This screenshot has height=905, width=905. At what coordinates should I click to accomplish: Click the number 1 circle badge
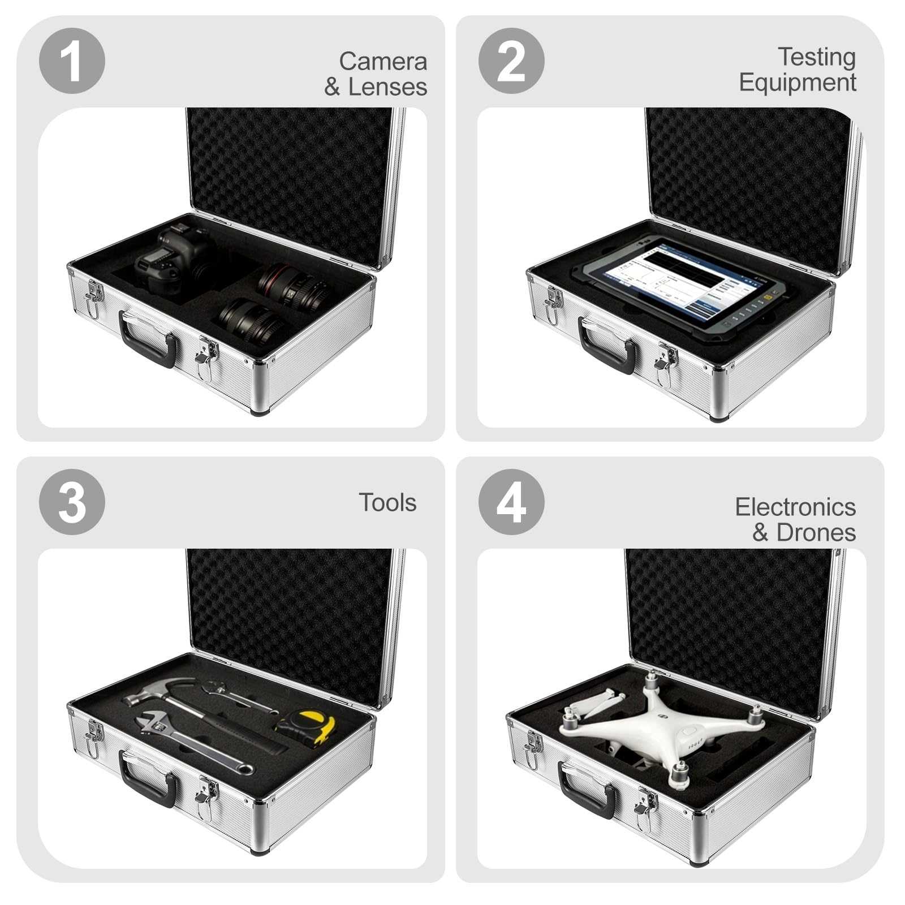[x=72, y=61]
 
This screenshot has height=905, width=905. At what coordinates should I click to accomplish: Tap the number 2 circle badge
[x=511, y=61]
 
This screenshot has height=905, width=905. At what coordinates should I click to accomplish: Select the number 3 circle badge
[x=72, y=502]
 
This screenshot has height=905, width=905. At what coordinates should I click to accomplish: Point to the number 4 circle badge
[x=511, y=502]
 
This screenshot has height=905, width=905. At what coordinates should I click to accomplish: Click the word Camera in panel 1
[x=383, y=61]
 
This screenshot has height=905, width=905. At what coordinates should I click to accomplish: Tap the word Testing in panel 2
[x=817, y=58]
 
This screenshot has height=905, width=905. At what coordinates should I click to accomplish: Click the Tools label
[x=387, y=502]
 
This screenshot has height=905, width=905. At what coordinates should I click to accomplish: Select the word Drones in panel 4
[x=816, y=532]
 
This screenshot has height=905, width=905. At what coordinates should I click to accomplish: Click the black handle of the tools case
[x=148, y=779]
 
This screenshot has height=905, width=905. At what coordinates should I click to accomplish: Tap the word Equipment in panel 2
[x=798, y=83]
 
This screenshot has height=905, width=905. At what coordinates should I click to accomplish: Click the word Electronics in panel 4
[x=795, y=507]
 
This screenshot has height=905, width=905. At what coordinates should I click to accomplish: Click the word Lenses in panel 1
[x=387, y=87]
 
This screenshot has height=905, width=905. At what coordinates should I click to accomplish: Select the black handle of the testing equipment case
[x=606, y=345]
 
